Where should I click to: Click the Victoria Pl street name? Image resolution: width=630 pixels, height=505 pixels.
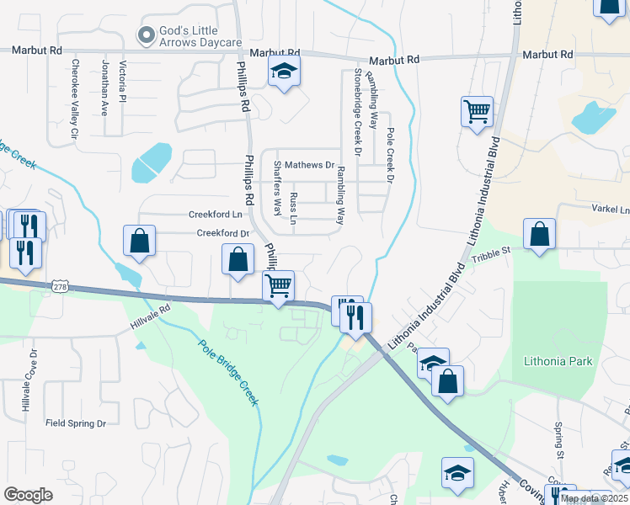pyautogui.click(x=123, y=81)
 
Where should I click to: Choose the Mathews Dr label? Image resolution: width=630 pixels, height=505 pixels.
pyautogui.click(x=309, y=166)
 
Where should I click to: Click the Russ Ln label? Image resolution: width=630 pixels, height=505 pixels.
pyautogui.click(x=293, y=208)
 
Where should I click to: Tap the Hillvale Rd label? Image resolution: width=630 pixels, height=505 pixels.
pyautogui.click(x=150, y=316)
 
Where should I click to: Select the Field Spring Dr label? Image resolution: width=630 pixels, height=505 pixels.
pyautogui.click(x=76, y=423)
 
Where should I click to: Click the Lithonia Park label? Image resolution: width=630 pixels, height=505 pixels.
pyautogui.click(x=558, y=362)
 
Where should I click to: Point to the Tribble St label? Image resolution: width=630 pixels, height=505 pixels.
pyautogui.click(x=492, y=252)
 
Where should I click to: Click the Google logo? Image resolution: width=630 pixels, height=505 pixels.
pyautogui.click(x=28, y=495)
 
